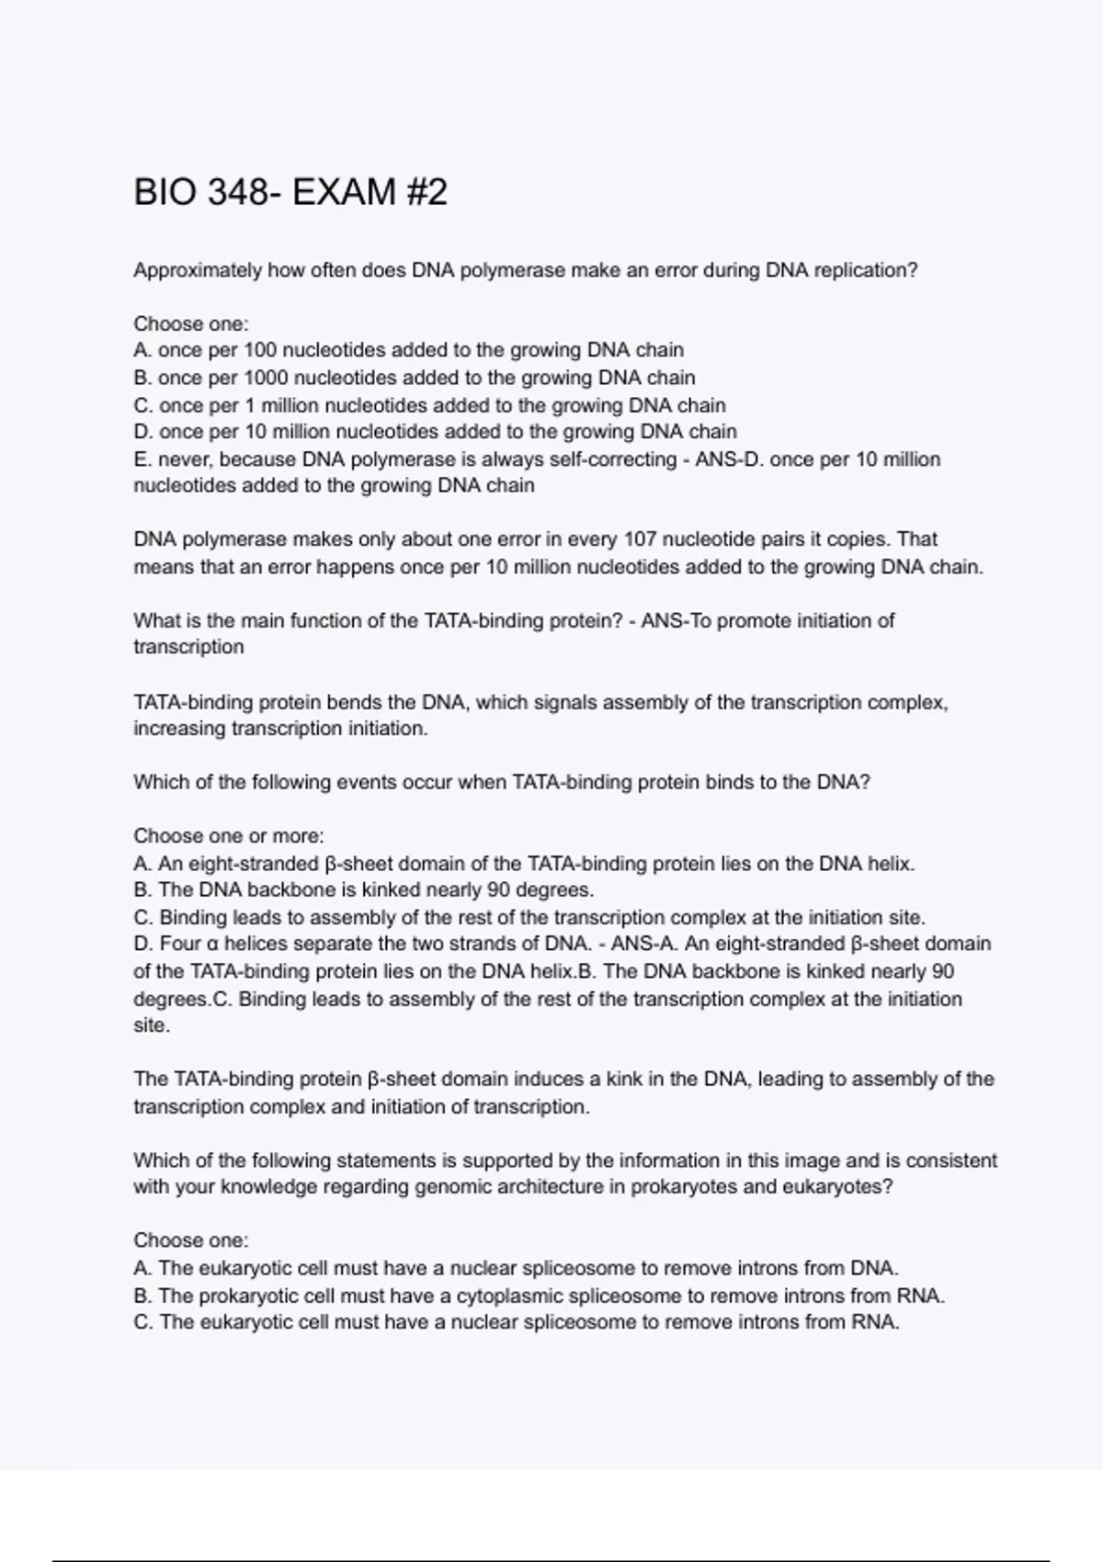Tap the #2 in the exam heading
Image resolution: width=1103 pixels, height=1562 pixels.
coord(424,193)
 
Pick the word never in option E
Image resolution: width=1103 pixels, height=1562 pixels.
coord(185,459)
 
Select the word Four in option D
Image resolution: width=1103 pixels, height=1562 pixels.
coord(180,944)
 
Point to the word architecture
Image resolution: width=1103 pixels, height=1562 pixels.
coord(560,1187)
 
